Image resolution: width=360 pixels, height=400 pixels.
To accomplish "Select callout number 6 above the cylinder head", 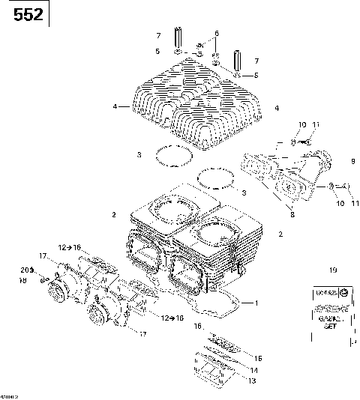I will point(216,34).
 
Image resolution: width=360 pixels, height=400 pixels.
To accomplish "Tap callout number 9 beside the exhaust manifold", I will point(352,161).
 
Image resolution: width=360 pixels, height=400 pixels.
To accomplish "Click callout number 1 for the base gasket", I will point(255,303).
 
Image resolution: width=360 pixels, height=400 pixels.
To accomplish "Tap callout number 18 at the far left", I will point(23,280).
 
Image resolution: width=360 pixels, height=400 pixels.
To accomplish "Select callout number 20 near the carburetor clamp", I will point(23,269).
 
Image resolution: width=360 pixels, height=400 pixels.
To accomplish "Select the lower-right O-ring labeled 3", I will point(215,181).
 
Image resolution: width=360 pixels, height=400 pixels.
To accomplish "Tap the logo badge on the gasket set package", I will point(343,291).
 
